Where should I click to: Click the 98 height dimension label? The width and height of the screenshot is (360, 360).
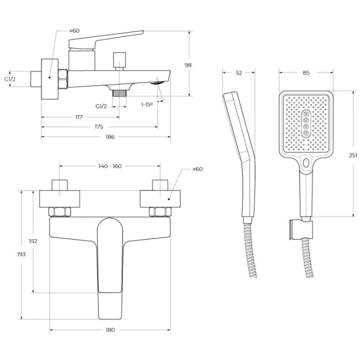188,65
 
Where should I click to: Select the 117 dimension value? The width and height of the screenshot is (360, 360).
79,117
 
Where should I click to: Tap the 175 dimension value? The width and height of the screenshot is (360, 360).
99,127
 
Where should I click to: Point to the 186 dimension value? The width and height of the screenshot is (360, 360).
110,137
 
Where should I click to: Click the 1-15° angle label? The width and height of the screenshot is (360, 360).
147,105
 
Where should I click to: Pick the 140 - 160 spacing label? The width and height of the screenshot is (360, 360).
110,166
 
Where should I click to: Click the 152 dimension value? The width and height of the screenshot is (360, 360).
33,241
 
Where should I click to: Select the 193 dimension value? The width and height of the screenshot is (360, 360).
21,254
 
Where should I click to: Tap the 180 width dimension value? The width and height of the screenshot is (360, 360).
110,330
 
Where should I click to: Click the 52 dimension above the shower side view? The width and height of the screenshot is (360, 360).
239,73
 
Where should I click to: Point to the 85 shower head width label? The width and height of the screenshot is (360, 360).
306,73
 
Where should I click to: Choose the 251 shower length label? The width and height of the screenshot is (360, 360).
353,155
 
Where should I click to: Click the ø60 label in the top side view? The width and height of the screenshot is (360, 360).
74,30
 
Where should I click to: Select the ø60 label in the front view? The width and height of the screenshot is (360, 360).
197,169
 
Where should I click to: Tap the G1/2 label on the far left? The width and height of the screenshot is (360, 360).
10,79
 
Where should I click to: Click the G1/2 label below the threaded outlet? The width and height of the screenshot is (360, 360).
101,107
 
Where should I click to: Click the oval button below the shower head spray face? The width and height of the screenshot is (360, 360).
306,163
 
